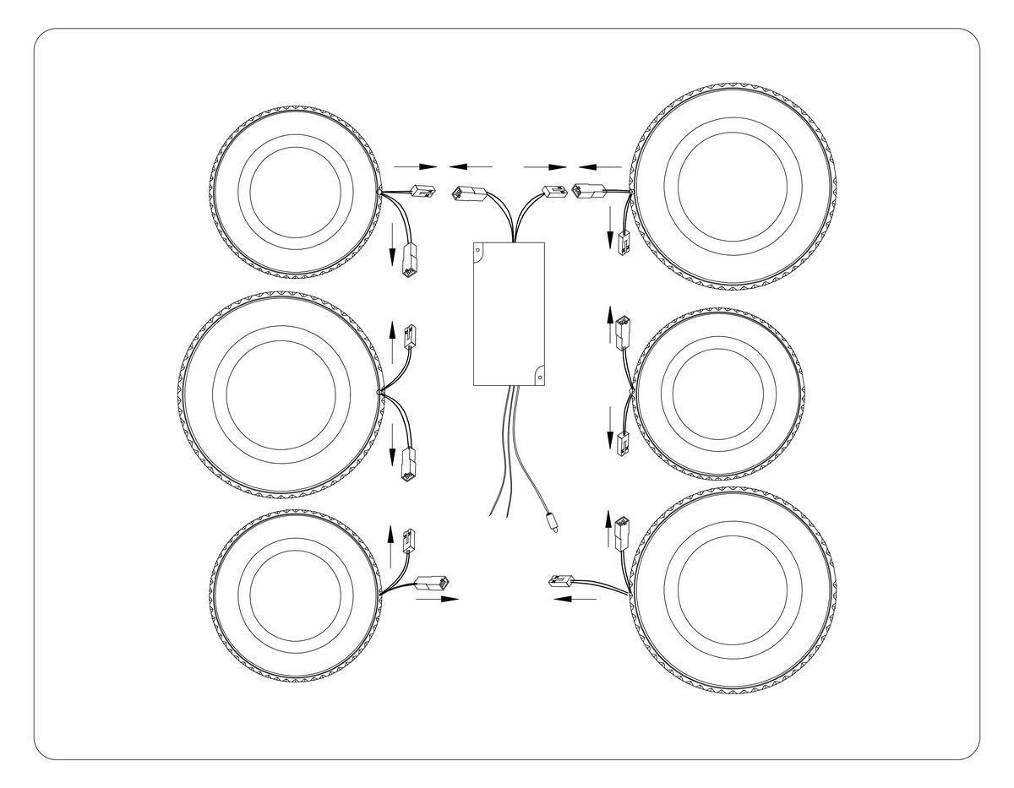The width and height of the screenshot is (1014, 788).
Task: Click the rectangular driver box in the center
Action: [509, 313]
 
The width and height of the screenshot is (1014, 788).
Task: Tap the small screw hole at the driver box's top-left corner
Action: [478, 250]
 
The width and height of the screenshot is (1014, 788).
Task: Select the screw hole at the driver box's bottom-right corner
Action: [538, 376]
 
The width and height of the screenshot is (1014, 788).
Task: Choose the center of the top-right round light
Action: [733, 185]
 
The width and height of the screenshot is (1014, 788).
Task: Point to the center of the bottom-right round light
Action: [733, 590]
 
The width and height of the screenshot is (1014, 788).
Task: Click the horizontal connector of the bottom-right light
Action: [561, 581]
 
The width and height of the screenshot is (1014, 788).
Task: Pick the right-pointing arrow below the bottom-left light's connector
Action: [437, 599]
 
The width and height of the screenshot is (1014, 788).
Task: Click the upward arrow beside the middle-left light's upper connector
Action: [391, 329]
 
